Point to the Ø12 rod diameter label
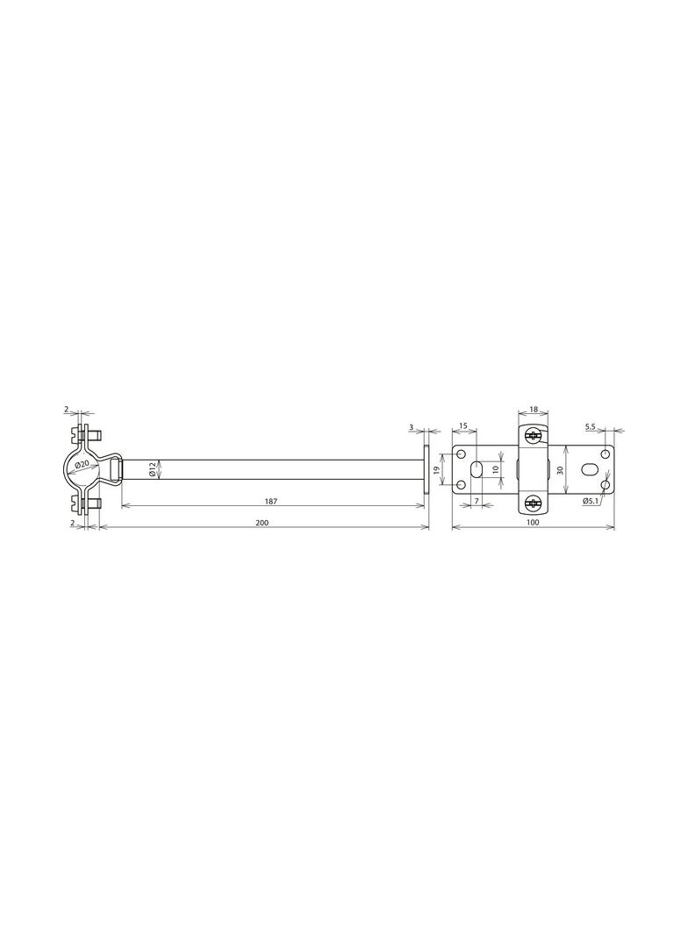point(152,469)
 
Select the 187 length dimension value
point(271,502)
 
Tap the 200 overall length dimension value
point(262,523)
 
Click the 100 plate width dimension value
point(533,523)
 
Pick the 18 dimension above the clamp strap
point(534,410)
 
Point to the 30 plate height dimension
point(559,470)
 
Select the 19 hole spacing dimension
point(436,470)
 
